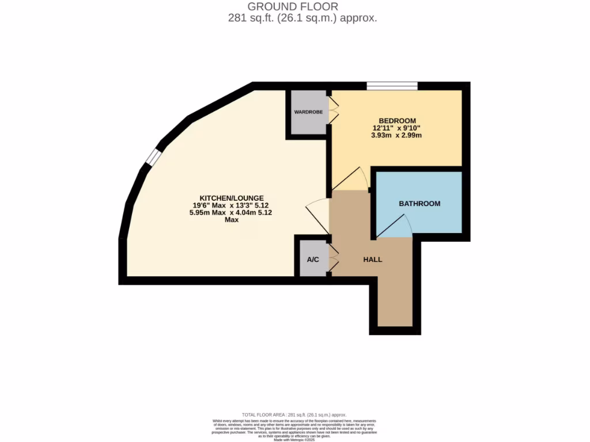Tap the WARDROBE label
click(x=309, y=112)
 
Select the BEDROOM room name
click(x=397, y=120)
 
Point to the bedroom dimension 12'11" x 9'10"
click(x=397, y=128)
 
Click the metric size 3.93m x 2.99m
click(x=397, y=136)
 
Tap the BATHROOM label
click(x=419, y=204)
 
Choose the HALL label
click(x=372, y=260)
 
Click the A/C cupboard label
click(x=312, y=260)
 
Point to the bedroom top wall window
click(x=392, y=86)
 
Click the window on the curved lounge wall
click(x=152, y=156)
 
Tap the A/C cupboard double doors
click(x=333, y=258)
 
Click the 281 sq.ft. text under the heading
click(x=302, y=18)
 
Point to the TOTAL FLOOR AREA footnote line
click(x=294, y=414)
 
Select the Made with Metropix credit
click(x=294, y=440)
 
